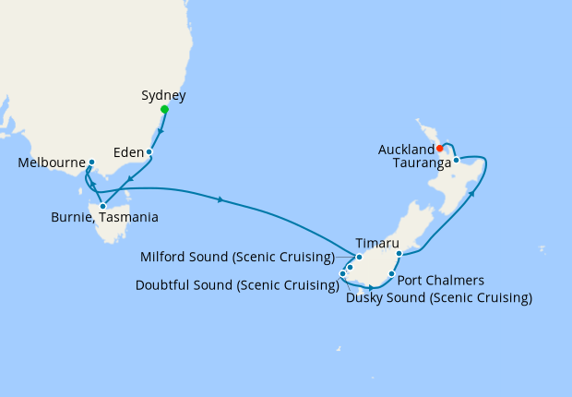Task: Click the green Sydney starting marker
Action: click(x=164, y=110)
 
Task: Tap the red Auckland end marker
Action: click(x=440, y=148)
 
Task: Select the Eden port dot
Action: click(x=149, y=151)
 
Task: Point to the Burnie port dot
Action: click(x=102, y=206)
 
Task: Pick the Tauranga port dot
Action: click(x=456, y=160)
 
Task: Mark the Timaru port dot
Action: click(x=399, y=253)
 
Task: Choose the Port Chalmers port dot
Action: click(x=392, y=274)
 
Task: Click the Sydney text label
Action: click(x=164, y=95)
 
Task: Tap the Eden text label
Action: click(x=128, y=151)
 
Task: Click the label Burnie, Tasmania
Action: click(x=104, y=218)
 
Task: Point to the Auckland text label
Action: click(x=406, y=149)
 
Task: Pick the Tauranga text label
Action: click(x=421, y=162)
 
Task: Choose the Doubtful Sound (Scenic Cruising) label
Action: click(x=236, y=285)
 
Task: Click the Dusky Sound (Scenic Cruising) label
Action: click(x=439, y=297)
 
